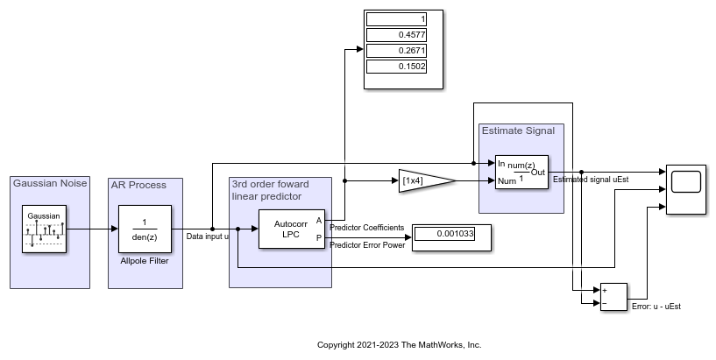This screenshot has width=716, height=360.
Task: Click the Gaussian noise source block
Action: tap(43, 229)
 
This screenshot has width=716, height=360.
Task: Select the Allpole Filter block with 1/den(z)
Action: tap(145, 229)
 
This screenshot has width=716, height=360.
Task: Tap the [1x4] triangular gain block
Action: tap(424, 180)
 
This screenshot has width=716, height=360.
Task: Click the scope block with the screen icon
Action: tap(685, 189)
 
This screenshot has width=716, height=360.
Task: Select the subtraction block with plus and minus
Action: tap(613, 298)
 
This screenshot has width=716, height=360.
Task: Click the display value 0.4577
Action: tap(396, 35)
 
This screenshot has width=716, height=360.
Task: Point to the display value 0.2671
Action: tap(396, 51)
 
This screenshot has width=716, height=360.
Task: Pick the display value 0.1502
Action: tap(396, 67)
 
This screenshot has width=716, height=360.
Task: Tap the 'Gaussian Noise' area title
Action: tap(47, 183)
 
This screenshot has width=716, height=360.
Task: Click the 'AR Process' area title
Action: tap(138, 185)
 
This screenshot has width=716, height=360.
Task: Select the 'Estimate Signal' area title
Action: tap(518, 131)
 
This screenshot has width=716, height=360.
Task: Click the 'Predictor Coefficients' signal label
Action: tap(366, 228)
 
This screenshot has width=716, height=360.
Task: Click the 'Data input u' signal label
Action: tap(208, 236)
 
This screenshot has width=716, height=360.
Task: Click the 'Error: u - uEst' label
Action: tap(656, 307)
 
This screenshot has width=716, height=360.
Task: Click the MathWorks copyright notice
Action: tap(399, 345)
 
